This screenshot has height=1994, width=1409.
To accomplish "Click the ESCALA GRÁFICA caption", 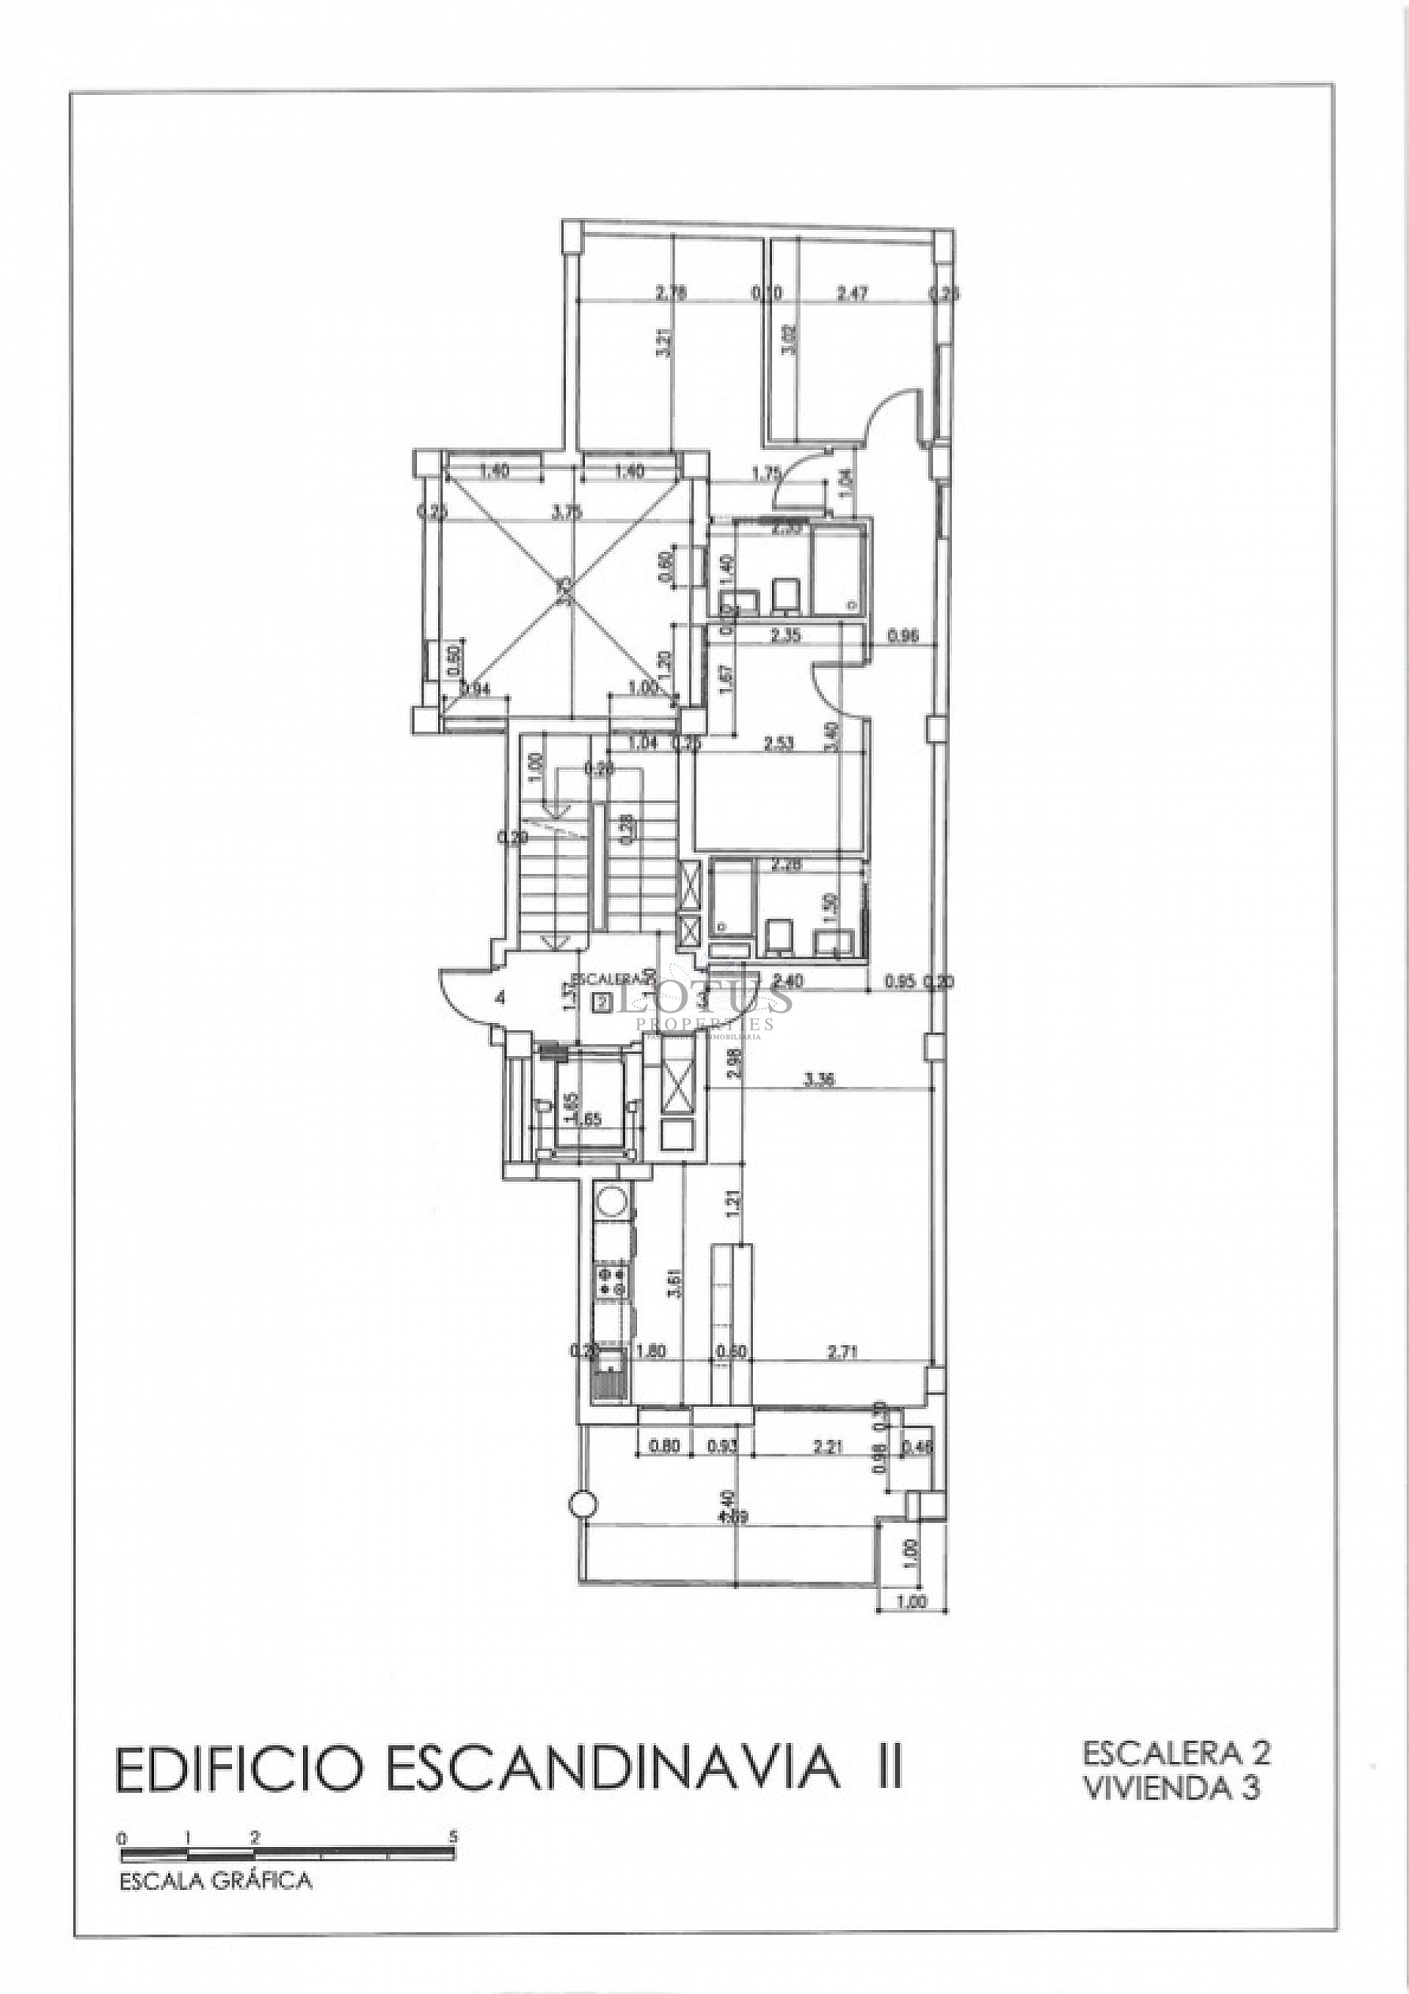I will pos(216,1881).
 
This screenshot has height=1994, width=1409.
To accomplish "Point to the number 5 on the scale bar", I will pos(453,1837).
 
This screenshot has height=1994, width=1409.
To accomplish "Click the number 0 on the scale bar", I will pos(123,1838).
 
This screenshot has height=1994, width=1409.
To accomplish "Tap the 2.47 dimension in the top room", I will pos(852,294).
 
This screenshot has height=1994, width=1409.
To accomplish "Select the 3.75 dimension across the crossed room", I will pos(567,513).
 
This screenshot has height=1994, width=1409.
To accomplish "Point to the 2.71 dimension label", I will pos(842,1352).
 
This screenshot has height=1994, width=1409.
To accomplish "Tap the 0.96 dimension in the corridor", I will pos(903,636).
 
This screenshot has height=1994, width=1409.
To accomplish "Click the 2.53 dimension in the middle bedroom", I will pos(779,743).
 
